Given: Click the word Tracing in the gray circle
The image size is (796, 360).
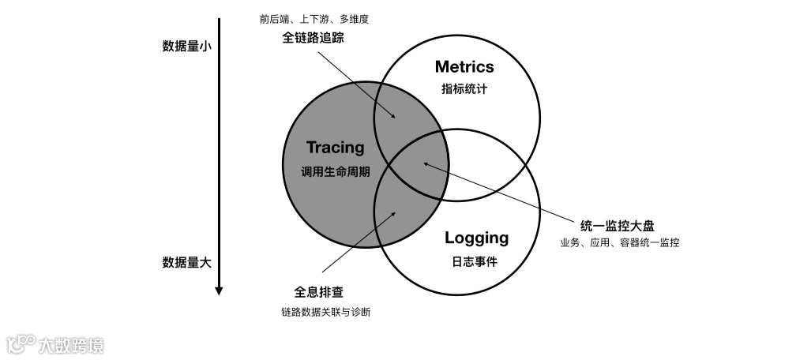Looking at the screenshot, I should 336,148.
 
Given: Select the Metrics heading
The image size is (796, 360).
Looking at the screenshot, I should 464,66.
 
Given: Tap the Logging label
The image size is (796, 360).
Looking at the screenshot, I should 476,238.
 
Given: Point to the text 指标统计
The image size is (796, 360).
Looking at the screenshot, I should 464,89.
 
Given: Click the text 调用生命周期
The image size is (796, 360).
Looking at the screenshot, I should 336,171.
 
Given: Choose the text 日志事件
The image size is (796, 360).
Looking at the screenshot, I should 476,262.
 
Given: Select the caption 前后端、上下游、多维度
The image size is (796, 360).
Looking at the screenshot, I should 314,17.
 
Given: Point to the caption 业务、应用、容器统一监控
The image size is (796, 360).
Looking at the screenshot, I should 620,243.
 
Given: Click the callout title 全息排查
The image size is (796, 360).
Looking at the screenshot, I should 313,292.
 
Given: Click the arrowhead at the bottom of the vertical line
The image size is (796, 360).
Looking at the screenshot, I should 219,291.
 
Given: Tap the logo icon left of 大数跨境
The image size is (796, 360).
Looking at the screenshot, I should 21,344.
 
